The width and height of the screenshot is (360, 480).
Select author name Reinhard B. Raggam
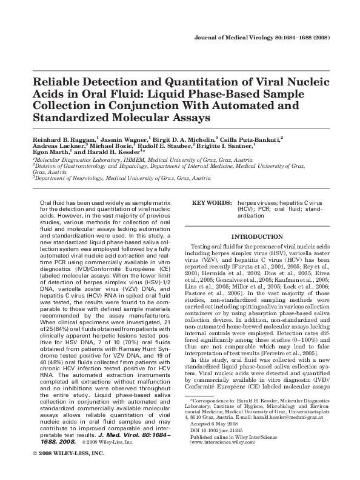coord(63,139)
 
